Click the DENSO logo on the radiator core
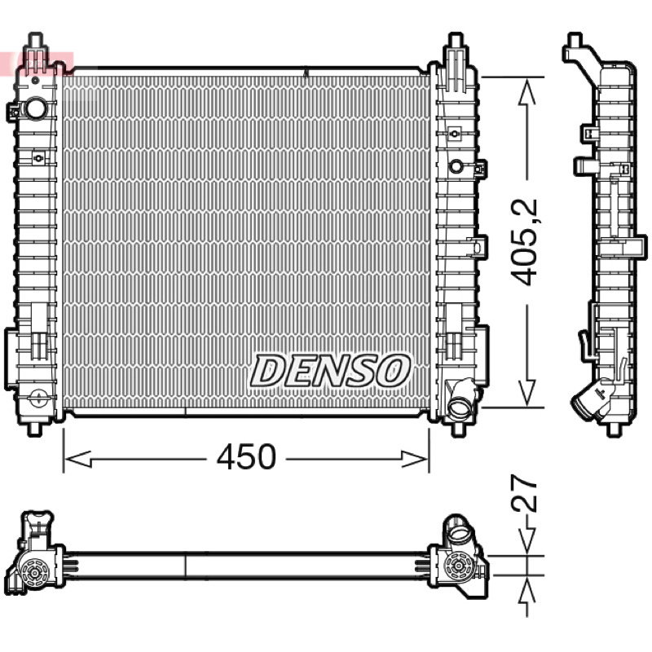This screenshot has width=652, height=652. point(330,371)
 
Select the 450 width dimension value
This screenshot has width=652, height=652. point(246,457)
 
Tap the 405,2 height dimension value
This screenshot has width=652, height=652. point(524,243)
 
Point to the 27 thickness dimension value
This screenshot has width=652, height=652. point(524,494)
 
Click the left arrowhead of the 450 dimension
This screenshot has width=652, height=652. point(78,460)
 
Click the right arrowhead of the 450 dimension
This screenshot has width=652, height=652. point(414,460)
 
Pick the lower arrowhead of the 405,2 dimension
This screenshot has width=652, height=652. point(527,392)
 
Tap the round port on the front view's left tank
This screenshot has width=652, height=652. point(37,108)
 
